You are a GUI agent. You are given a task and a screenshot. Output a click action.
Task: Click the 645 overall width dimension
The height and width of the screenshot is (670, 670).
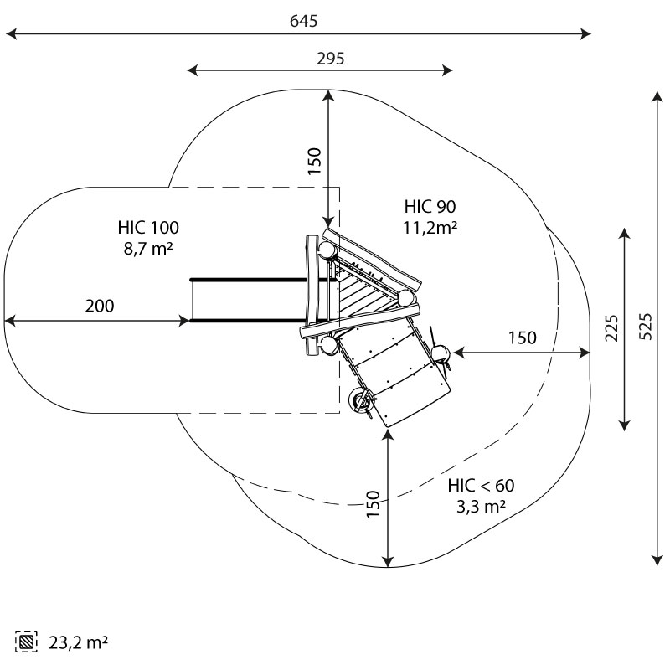click(x=303, y=21)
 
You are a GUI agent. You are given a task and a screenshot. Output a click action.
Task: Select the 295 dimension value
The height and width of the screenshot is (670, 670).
click(x=330, y=59)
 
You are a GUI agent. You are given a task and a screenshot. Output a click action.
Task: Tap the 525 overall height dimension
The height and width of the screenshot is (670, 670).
click(x=646, y=327)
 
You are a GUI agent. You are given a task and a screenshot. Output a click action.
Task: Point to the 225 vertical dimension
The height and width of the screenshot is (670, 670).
click(x=611, y=327)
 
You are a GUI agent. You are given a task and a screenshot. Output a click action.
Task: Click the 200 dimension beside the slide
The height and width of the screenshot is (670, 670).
click(x=100, y=306)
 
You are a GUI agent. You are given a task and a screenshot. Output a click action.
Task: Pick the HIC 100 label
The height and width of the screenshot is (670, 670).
click(x=148, y=227)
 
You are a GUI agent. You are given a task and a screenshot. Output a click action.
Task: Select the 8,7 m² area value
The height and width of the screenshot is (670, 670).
click(x=148, y=248)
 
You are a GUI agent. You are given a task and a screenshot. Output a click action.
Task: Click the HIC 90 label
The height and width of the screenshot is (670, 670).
click(x=430, y=206)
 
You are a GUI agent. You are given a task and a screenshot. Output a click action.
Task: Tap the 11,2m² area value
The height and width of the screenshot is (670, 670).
click(x=430, y=227)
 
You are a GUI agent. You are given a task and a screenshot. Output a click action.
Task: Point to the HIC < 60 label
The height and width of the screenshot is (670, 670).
click(x=481, y=486)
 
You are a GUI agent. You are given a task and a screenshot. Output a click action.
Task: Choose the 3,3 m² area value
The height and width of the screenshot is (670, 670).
click(x=481, y=507)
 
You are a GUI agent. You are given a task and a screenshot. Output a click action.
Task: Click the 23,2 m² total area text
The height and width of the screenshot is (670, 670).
click(x=78, y=642)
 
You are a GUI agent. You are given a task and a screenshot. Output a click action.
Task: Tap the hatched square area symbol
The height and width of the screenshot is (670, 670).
click(x=26, y=642)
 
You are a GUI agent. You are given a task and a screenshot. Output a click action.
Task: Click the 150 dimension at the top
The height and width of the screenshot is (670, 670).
click(x=314, y=161)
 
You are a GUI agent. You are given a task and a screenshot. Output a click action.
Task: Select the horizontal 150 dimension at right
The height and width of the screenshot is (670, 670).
click(x=522, y=338)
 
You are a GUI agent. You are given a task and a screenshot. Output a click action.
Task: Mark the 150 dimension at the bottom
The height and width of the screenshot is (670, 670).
click(x=373, y=504)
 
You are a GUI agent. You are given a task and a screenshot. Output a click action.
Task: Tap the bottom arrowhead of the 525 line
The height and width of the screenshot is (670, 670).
click(x=657, y=560)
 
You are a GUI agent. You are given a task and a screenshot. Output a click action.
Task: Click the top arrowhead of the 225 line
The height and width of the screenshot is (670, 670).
click(x=624, y=234)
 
